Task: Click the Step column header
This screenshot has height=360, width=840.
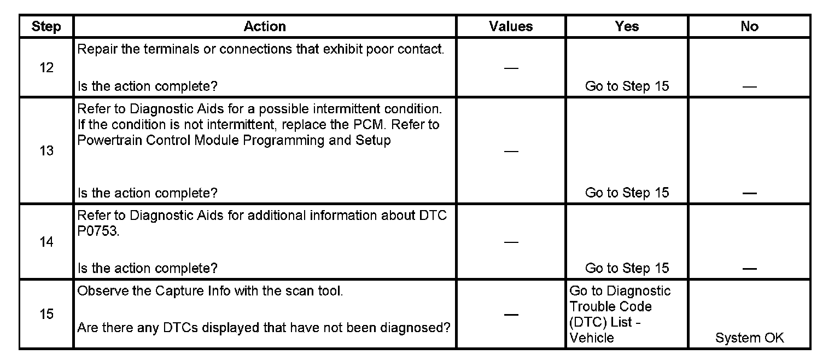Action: pos(46,26)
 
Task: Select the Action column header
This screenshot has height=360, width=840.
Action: pos(265,26)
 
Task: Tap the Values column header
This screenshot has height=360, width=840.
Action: pos(511,26)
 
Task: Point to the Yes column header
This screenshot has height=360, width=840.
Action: pos(627,26)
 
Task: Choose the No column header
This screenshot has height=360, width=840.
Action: pos(749,26)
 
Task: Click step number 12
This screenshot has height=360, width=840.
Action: pos(46,68)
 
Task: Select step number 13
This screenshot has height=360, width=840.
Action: pos(46,151)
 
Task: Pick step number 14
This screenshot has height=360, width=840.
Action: pos(46,242)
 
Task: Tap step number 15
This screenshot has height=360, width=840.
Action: pos(46,315)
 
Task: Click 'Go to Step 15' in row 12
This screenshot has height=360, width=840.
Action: pos(627,86)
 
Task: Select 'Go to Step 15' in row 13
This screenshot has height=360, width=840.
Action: pos(627,193)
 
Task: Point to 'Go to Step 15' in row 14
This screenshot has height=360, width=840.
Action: pos(627,268)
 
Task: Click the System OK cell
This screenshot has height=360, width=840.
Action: pos(749,338)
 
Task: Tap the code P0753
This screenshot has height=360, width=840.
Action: pos(97,231)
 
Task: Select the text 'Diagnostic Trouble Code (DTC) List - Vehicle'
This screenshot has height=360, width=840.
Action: pos(620,315)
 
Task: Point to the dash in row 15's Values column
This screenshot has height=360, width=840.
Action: pos(511,315)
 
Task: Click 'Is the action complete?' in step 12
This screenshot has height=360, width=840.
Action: pos(148,86)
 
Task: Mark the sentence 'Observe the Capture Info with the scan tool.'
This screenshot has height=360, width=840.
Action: pos(210,291)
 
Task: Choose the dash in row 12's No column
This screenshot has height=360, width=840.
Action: pos(749,86)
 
